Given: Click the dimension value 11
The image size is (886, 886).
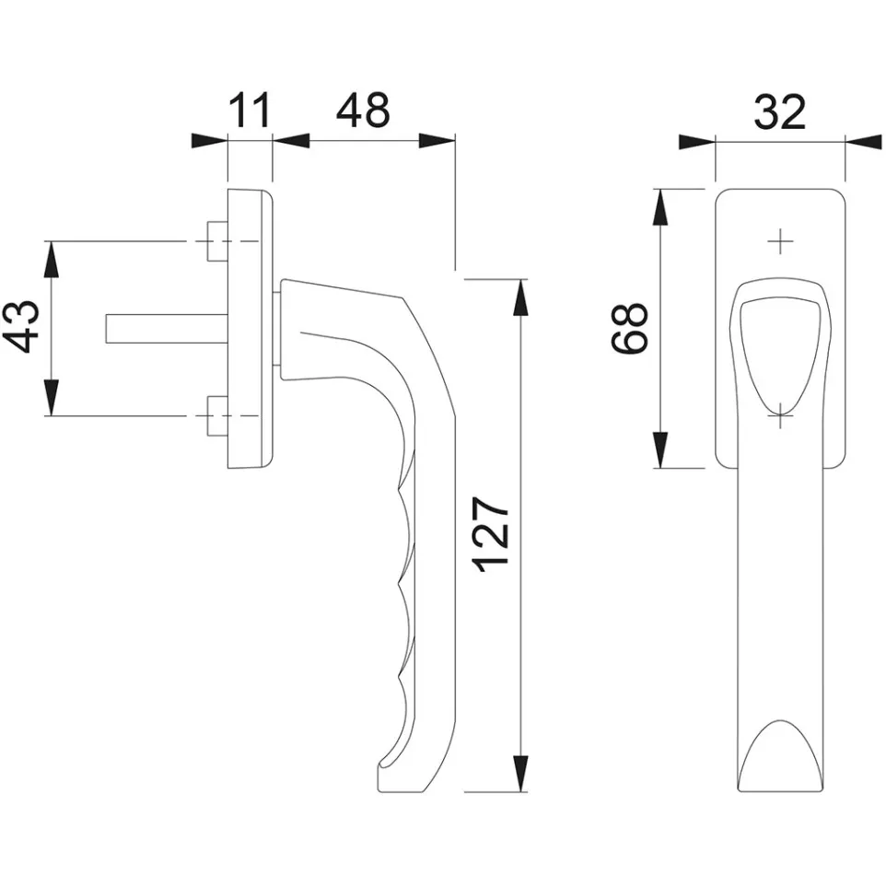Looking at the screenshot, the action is coord(251,111).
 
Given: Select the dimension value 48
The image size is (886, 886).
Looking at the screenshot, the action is coord(363,111).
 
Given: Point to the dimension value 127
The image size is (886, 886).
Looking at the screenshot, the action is coord(491,534).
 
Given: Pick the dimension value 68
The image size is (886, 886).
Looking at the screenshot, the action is coord(629,328).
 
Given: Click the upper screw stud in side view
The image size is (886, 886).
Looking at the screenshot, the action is coord(217,241).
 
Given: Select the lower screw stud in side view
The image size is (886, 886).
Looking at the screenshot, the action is coord(217,416).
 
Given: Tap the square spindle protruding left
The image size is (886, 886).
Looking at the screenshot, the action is coord(168,328).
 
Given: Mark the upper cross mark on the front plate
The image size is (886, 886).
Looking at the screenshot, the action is coord(780,241).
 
